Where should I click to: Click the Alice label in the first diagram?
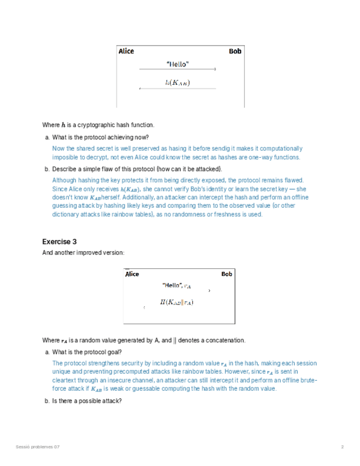[126, 51]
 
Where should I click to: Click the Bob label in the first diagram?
[235, 51]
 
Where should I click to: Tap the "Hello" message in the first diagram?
[178, 64]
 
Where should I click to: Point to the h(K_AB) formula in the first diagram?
[178, 83]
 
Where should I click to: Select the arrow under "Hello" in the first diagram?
[178, 70]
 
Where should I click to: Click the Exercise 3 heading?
[59, 241]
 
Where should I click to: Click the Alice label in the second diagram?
[132, 274]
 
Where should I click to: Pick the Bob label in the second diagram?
[226, 274]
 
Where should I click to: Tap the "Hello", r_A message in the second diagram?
[176, 285]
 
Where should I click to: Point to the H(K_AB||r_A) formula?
[176, 302]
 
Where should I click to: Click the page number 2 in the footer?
[342, 446]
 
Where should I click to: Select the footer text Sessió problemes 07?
[38, 446]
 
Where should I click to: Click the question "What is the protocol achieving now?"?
[100, 137]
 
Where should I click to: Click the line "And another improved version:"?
[83, 253]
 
